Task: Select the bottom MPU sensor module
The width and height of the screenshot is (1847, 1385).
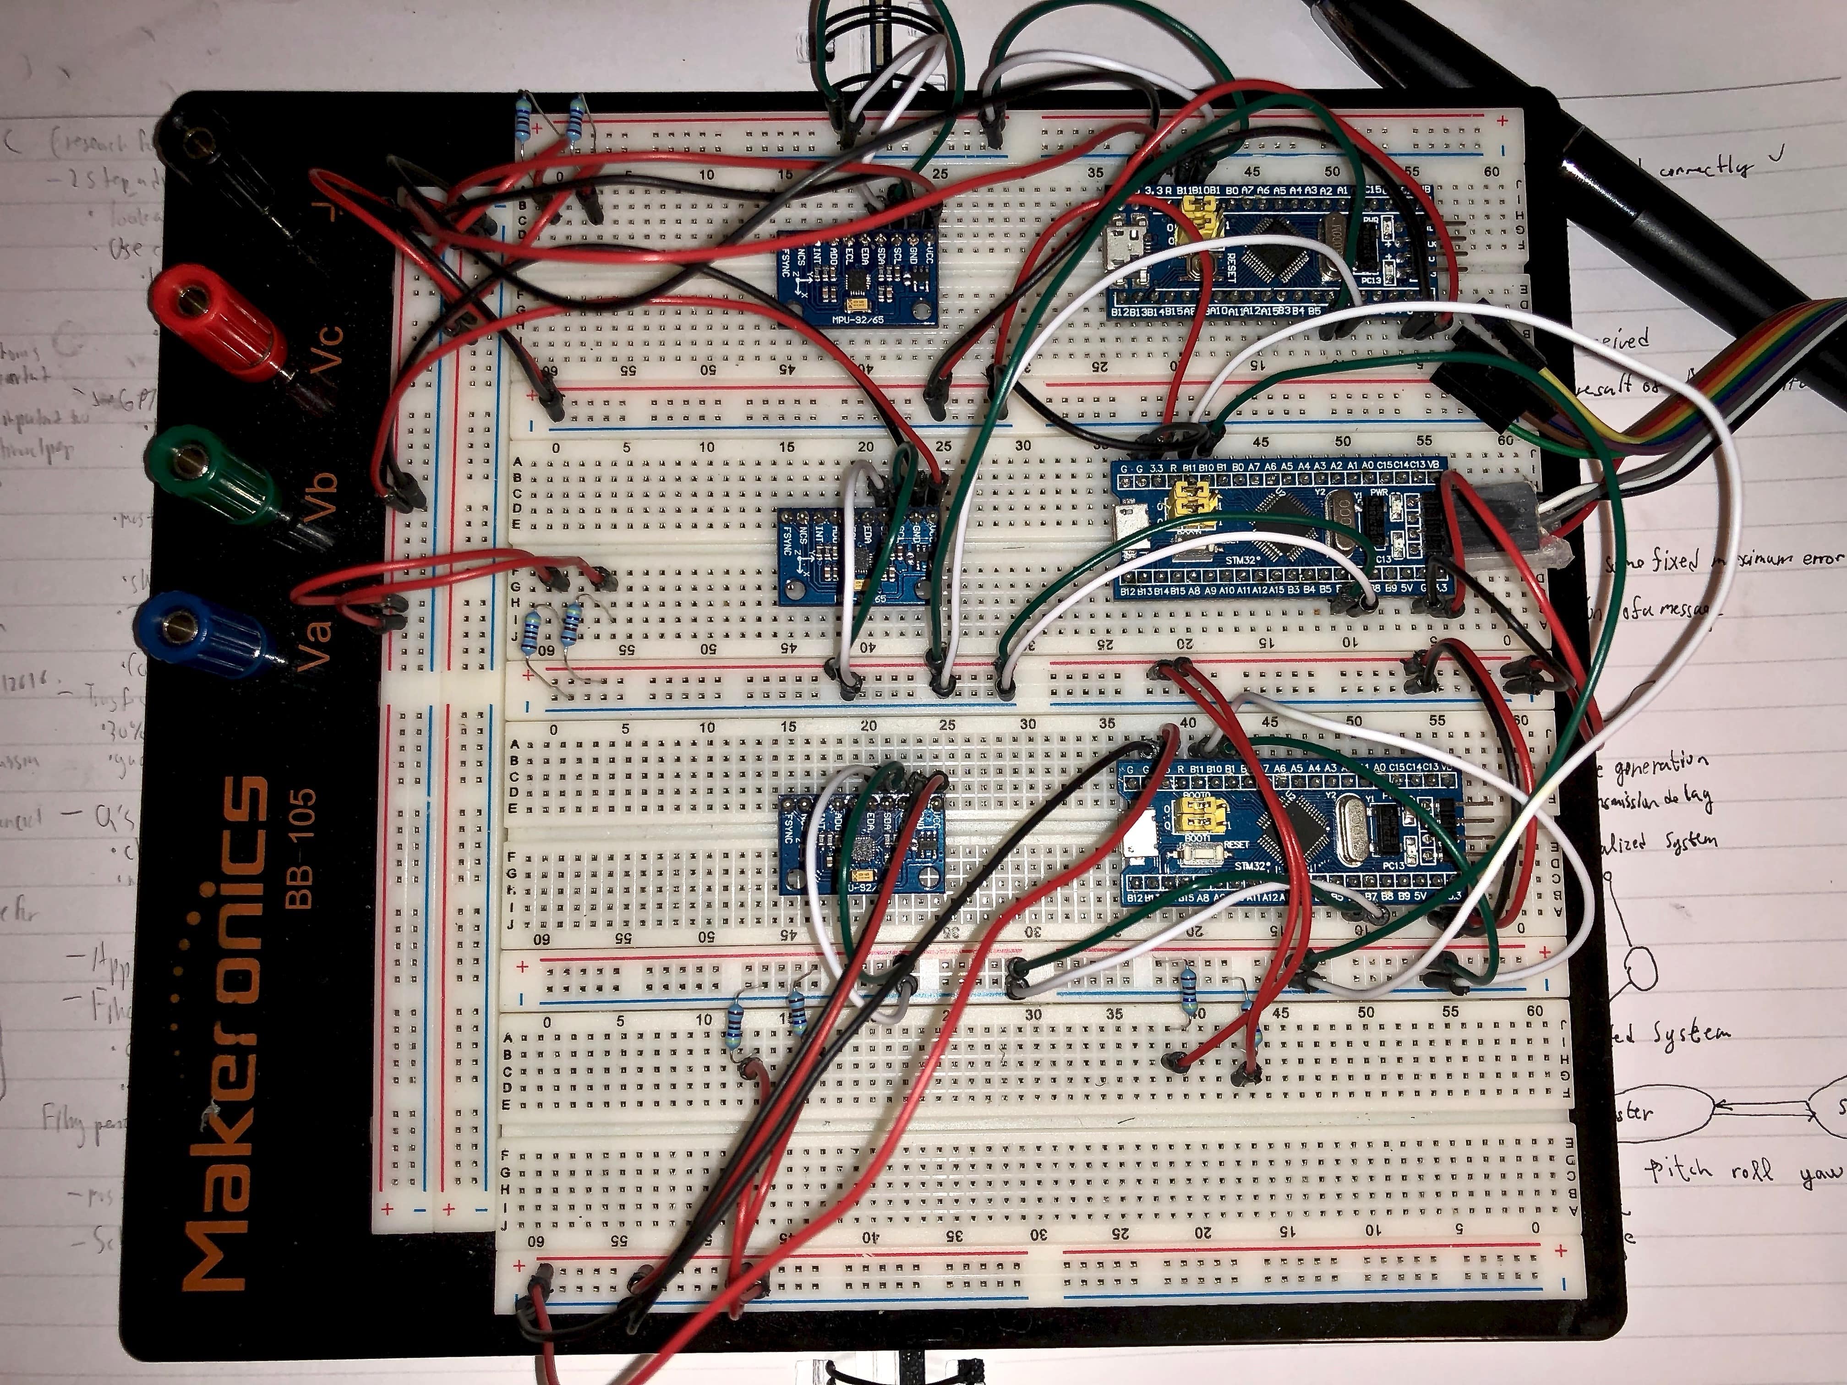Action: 860,843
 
